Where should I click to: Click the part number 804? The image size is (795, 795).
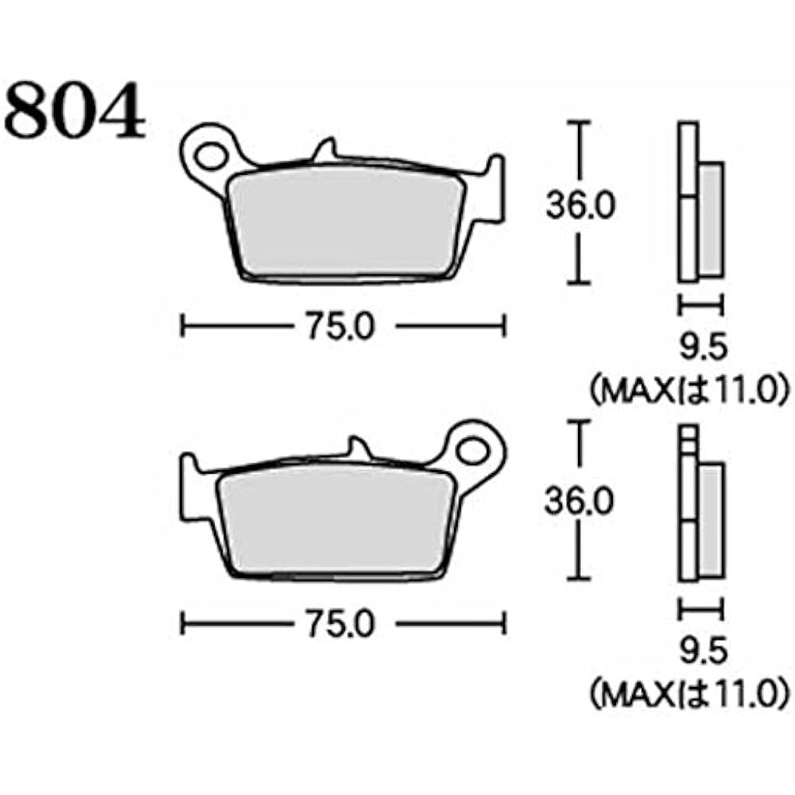tap(76, 111)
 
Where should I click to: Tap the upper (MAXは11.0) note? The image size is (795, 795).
tap(688, 392)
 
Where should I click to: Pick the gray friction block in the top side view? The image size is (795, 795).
tap(711, 219)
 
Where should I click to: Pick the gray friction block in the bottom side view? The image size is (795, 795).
tap(711, 522)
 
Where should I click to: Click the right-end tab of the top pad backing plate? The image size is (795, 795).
tap(494, 187)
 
